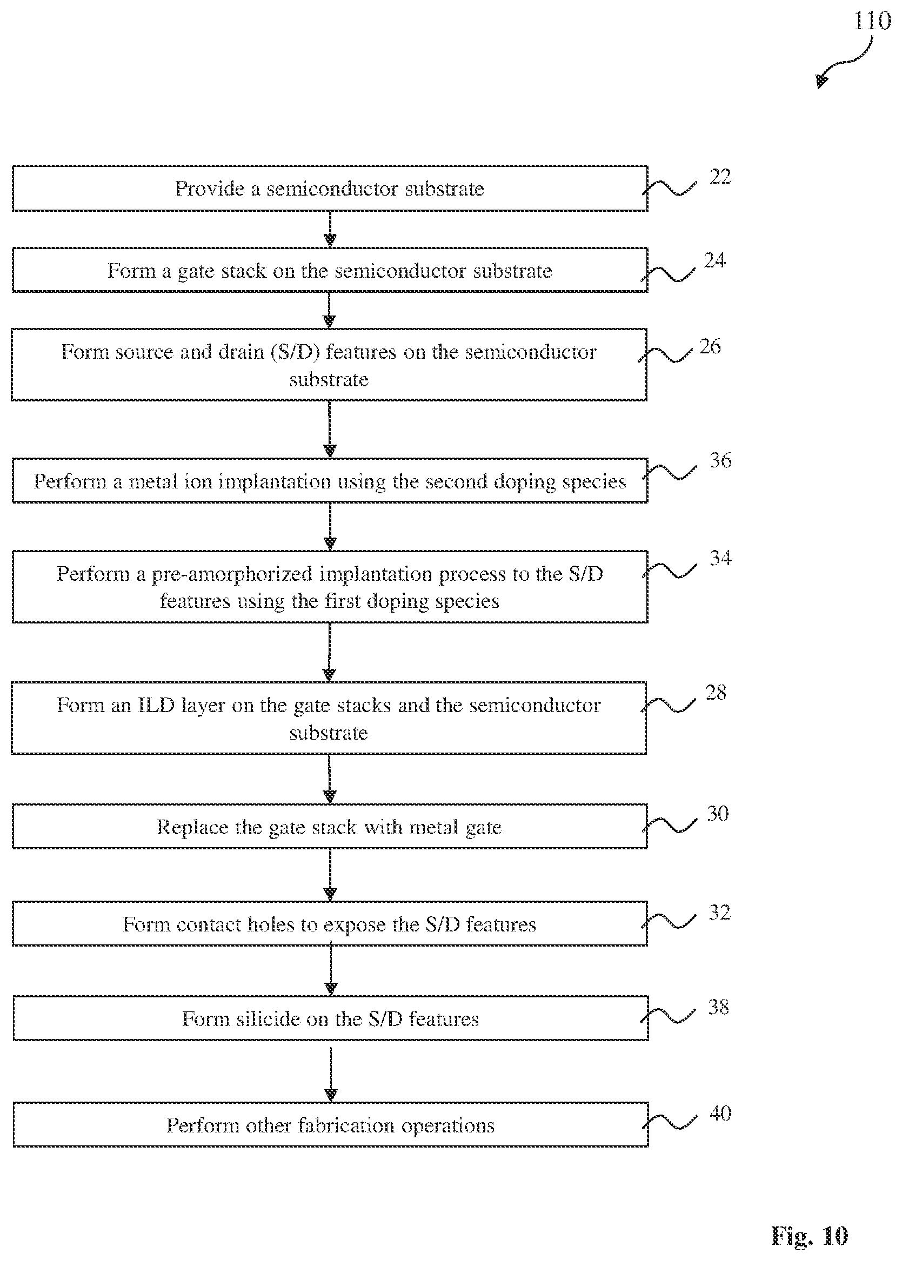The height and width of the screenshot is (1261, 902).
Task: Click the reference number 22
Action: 720,177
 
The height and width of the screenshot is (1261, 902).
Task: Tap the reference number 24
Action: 715,260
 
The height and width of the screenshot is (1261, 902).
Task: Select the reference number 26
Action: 710,346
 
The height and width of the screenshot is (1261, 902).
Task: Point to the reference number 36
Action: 720,460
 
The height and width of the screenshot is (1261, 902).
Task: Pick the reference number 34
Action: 720,558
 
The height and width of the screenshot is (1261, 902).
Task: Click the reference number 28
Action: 716,693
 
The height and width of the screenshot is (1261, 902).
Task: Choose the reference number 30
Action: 718,814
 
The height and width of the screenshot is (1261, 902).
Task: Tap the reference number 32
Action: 719,913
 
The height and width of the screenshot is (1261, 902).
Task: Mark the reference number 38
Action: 718,1007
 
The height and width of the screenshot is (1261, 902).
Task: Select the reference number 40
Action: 720,1113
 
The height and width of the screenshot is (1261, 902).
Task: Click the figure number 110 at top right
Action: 873,21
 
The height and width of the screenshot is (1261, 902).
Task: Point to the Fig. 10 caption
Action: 809,1236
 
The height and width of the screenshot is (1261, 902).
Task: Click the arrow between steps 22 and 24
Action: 330,229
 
